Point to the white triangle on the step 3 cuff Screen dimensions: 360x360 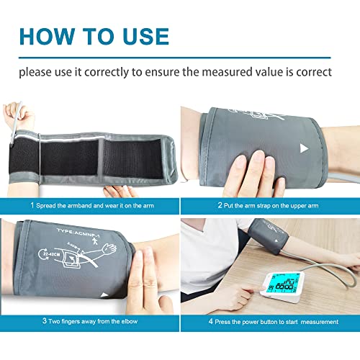coord(106,294)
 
